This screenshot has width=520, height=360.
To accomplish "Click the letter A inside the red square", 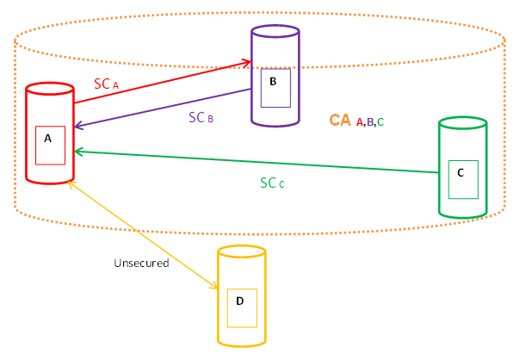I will pyautogui.click(x=48, y=138).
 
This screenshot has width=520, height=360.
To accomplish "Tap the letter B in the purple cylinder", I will pyautogui.click(x=273, y=82).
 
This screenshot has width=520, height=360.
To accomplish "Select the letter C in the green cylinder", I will pyautogui.click(x=461, y=173).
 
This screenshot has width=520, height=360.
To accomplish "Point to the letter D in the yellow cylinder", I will pyautogui.click(x=240, y=301).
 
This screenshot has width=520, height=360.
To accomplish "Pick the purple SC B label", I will pyautogui.click(x=201, y=117).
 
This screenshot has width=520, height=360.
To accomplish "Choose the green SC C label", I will pyautogui.click(x=272, y=183).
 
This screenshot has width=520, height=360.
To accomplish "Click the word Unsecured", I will pyautogui.click(x=141, y=263).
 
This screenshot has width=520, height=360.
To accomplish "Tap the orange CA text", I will pyautogui.click(x=339, y=121).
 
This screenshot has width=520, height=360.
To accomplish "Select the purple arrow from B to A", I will pyautogui.click(x=164, y=109).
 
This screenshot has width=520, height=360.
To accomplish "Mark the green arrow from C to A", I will pyautogui.click(x=258, y=162).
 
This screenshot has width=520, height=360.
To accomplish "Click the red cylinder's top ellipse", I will pyautogui.click(x=49, y=89).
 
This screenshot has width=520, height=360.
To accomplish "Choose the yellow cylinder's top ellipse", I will pyautogui.click(x=241, y=252).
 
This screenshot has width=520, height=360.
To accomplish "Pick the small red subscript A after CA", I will pyautogui.click(x=359, y=123).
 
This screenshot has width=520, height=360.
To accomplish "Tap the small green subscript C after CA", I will pyautogui.click(x=381, y=123).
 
